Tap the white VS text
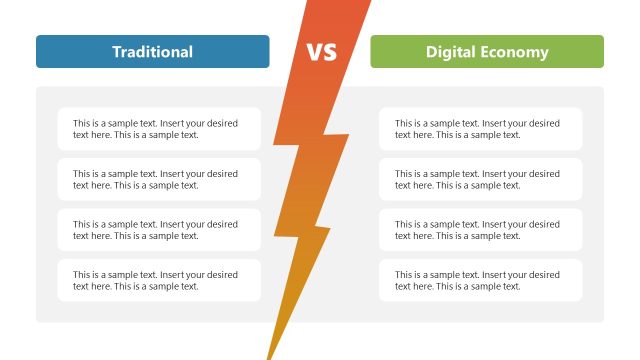pos(321,52)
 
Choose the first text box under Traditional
pos(159,129)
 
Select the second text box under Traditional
pos(159,179)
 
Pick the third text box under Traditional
pos(159,230)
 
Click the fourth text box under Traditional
pos(159,280)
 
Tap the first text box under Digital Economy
pos(481,129)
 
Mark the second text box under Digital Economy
pos(481,179)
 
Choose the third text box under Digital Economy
pos(481,230)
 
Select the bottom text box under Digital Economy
pos(481,280)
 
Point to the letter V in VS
pos(313,52)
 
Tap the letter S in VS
pos(329,52)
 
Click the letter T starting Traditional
pos(116,52)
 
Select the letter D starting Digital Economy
pos(431,52)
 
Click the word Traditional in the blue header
pos(152,52)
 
